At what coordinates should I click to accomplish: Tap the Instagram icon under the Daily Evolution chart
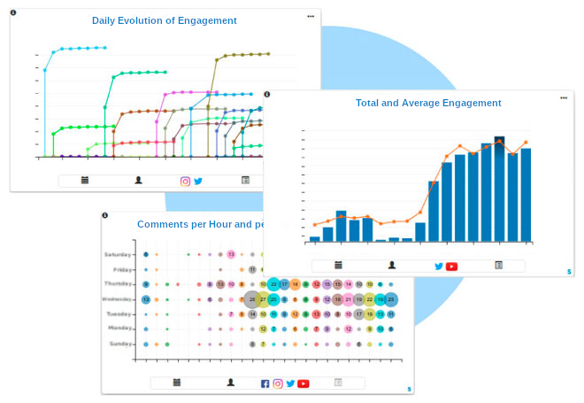[186, 181]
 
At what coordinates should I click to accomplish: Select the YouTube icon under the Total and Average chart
[451, 266]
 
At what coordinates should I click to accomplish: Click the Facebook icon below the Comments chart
[265, 384]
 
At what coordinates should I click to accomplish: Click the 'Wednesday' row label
[119, 299]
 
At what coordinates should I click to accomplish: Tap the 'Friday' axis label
[124, 269]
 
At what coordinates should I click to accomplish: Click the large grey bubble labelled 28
[252, 299]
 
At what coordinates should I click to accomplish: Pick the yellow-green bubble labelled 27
[263, 299]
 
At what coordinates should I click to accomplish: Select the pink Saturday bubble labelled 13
[231, 254]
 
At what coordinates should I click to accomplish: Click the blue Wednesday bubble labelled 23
[391, 299]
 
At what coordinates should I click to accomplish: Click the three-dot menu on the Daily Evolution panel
[311, 16]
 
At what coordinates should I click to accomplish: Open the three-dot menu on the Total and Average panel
[563, 98]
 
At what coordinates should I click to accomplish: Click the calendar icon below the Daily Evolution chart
[85, 180]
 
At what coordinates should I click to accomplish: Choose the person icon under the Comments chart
[230, 383]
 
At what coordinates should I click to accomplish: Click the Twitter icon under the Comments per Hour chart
[290, 384]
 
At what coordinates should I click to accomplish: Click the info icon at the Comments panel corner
[104, 215]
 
